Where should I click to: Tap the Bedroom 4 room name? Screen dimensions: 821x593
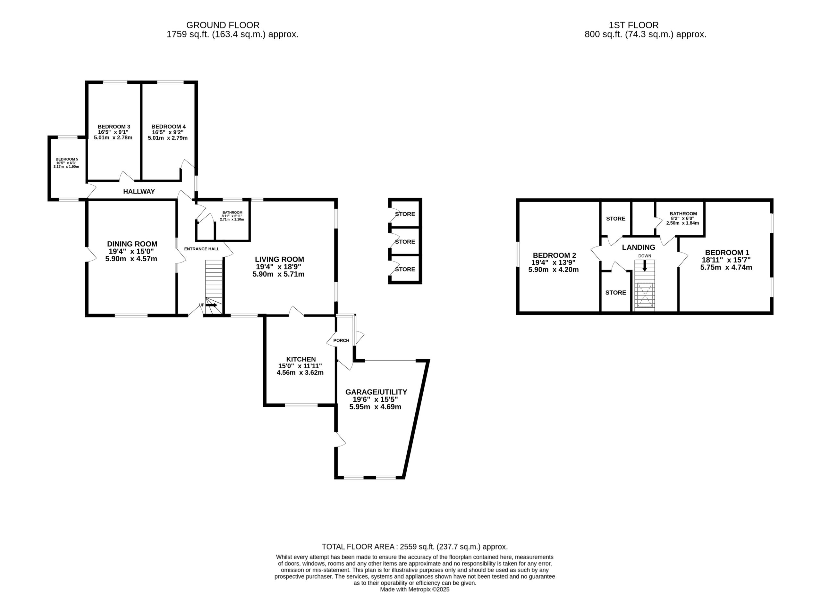168,127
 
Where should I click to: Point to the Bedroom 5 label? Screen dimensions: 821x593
67,159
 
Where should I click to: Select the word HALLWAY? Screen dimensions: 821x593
139,191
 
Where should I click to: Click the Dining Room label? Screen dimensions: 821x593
132,244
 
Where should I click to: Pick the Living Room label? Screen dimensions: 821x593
279,259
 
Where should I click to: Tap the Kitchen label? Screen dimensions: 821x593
301,359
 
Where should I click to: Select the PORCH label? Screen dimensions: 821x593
341,340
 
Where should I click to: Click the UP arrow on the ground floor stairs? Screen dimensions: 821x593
211,305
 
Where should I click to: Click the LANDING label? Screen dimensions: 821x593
639,247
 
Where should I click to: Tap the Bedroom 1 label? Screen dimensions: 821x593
727,253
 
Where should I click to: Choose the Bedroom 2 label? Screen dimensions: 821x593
554,255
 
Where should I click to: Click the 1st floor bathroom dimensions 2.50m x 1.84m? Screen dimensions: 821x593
682,223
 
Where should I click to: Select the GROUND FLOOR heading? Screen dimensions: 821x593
223,25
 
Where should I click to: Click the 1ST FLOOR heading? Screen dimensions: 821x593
633,25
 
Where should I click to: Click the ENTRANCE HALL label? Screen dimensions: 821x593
202,249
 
